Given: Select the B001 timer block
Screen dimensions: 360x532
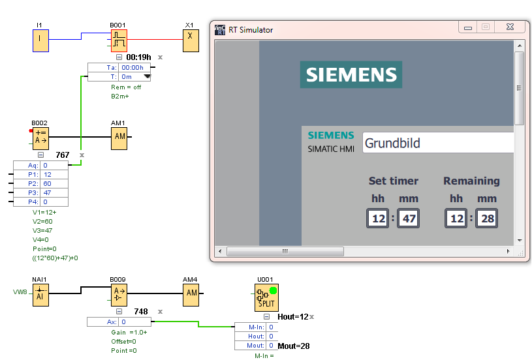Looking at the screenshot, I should click(118, 40).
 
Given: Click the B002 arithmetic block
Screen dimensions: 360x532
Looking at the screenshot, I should click(40, 138).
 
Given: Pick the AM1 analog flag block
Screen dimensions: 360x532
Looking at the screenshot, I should click(119, 137).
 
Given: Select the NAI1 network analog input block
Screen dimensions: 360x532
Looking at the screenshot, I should click(40, 294).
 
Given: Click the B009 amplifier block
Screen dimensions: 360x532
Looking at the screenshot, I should click(119, 294).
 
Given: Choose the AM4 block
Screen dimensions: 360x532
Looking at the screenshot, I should click(191, 294).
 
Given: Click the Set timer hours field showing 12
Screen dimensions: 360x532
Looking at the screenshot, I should click(379, 218).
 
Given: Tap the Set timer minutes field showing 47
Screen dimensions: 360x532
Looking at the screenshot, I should click(409, 218).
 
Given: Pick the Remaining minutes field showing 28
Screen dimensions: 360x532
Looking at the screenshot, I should click(488, 218).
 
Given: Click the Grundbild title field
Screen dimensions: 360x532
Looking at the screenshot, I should click(437, 143).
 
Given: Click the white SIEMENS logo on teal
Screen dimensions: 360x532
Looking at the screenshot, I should click(351, 74).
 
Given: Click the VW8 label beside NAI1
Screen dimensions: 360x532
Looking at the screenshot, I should click(20, 292).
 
